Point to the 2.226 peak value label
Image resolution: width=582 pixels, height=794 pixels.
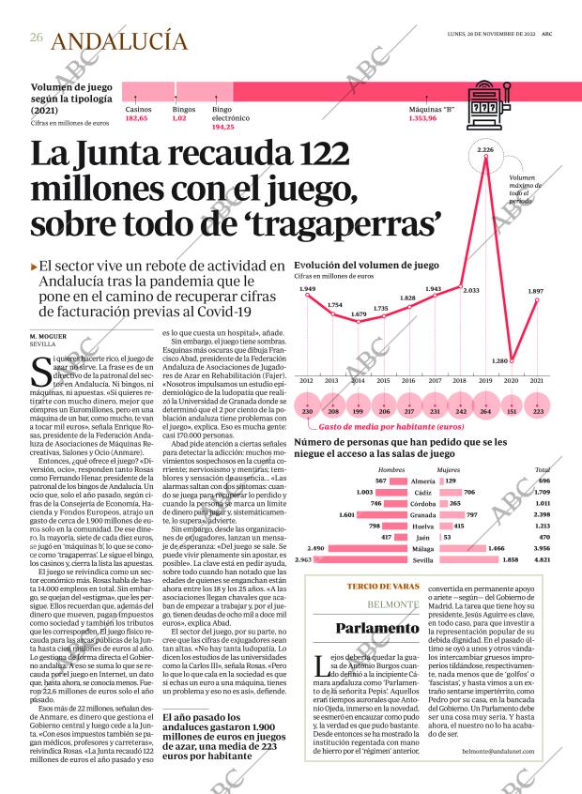coord(485,150)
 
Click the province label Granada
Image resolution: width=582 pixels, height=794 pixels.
coord(422,514)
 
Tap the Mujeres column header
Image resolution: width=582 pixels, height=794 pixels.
coord(449,468)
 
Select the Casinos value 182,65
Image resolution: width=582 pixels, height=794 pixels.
coord(136,118)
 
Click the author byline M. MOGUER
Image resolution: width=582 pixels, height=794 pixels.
coord(48,335)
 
